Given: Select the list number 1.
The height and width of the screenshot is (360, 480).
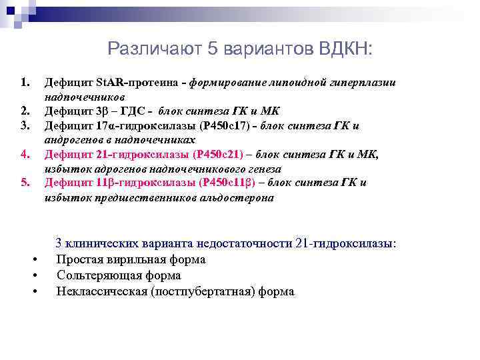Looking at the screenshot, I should pyautogui.click(x=25, y=83).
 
